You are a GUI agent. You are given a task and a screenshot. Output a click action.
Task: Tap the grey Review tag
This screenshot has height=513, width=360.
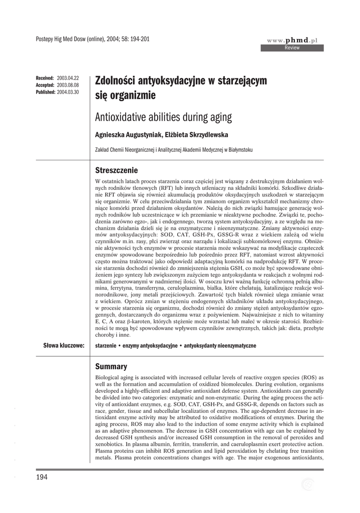pyautogui.click(x=292, y=48)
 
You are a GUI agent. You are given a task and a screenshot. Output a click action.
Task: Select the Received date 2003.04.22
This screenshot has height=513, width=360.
pyautogui.click(x=68, y=79)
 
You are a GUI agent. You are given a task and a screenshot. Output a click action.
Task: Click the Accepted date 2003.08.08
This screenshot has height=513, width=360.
pyautogui.click(x=68, y=85)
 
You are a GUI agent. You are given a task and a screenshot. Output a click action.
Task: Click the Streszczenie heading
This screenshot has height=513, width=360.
pyautogui.click(x=116, y=170)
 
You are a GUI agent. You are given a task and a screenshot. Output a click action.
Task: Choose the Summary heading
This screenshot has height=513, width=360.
pyautogui.click(x=111, y=366)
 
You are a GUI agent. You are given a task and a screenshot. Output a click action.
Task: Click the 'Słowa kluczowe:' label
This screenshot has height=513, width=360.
pyautogui.click(x=64, y=346)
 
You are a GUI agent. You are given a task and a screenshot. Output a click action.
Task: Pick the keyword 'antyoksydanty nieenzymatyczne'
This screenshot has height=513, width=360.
pyautogui.click(x=220, y=346)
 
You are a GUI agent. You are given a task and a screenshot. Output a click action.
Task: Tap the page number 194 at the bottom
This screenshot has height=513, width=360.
pyautogui.click(x=42, y=477)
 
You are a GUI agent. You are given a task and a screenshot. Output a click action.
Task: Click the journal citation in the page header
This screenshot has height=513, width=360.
pyautogui.click(x=93, y=39)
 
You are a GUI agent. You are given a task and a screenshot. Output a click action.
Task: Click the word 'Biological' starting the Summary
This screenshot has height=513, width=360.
pyautogui.click(x=108, y=377)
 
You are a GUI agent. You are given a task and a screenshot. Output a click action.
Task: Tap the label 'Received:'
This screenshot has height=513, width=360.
pyautogui.click(x=45, y=79)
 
